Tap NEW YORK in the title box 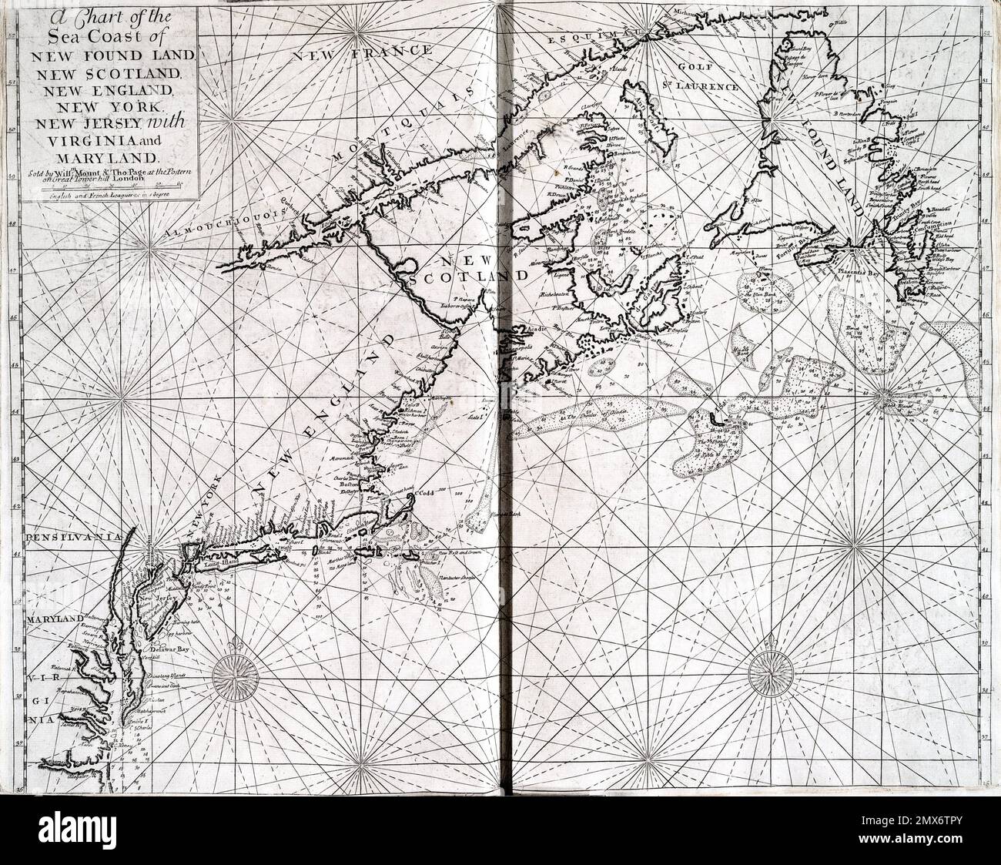pyautogui.click(x=111, y=106)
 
